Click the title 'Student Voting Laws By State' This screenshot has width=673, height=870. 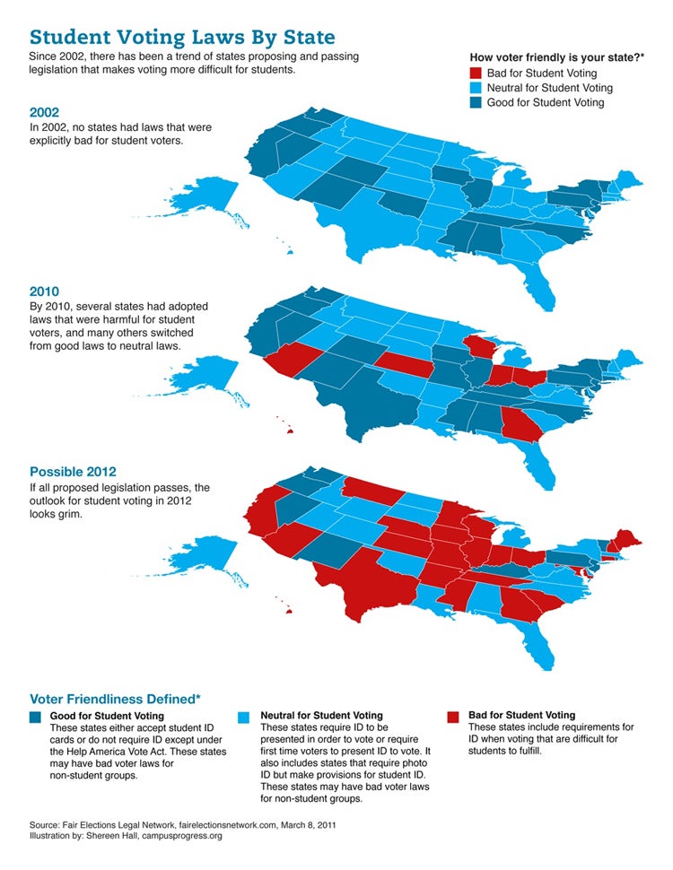coord(182,37)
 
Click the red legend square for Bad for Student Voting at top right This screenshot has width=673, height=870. coord(476,74)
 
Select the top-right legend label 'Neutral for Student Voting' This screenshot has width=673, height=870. coord(550,88)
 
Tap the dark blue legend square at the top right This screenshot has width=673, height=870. coord(476,102)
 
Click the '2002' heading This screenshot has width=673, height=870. coord(45,113)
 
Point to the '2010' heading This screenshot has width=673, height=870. coord(45,291)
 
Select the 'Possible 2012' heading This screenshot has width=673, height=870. coord(73,472)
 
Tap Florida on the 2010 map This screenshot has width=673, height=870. coord(542,466)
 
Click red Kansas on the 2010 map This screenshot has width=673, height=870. coord(403,363)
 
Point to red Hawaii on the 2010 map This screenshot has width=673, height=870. coord(289,431)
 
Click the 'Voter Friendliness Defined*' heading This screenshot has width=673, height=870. coord(116,699)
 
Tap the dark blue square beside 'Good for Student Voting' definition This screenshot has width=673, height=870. coord(36,717)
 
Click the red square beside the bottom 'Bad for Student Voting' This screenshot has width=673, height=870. coord(453,717)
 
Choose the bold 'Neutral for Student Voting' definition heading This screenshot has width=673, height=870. coord(321,716)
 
